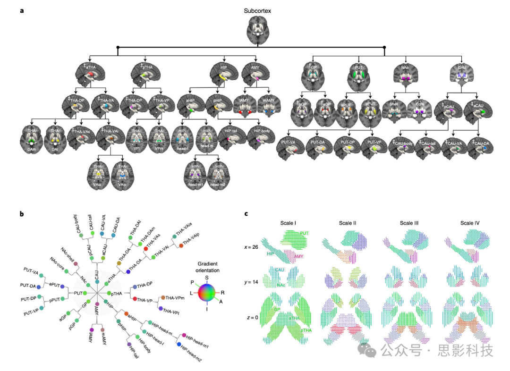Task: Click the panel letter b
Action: [22, 214]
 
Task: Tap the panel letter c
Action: [246, 214]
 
